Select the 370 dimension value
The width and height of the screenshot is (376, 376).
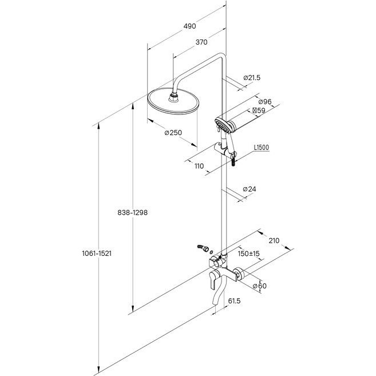pos(200,42)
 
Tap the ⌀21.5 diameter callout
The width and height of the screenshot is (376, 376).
pos(252,77)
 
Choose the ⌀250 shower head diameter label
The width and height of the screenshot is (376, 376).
pos(172,133)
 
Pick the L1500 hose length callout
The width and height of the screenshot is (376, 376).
pos(262,148)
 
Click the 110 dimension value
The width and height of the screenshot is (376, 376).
pos(199,166)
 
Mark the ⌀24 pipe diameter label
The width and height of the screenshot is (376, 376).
pos(250,189)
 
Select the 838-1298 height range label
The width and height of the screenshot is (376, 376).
pos(132,212)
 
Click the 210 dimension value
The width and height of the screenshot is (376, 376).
pos(274,240)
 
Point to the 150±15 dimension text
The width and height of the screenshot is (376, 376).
pos(249,254)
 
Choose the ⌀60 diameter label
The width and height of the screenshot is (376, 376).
pos(259,286)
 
